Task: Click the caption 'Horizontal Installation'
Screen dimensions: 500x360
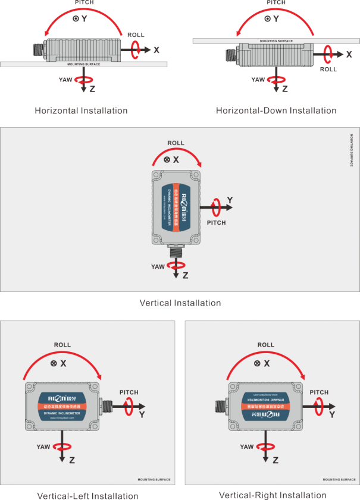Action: [x=81, y=111]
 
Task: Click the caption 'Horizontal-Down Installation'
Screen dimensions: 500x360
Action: [x=276, y=111]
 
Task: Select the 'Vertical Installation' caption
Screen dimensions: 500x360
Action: [x=180, y=303]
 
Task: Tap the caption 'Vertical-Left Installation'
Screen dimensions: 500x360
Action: [x=87, y=496]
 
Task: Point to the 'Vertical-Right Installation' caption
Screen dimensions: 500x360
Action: [x=273, y=495]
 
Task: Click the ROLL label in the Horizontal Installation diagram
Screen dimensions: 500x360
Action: [x=136, y=35]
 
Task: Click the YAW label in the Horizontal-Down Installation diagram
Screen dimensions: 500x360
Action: [x=258, y=79]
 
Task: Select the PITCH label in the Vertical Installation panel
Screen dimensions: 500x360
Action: [x=216, y=222]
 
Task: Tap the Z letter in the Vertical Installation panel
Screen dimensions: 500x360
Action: [x=185, y=276]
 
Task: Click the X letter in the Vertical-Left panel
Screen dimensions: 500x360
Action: [x=63, y=363]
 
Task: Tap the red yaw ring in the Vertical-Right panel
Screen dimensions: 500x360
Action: [x=265, y=447]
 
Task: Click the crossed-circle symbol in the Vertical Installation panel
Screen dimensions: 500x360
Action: [x=167, y=160]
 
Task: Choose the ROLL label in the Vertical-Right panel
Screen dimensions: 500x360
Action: [x=266, y=345]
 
